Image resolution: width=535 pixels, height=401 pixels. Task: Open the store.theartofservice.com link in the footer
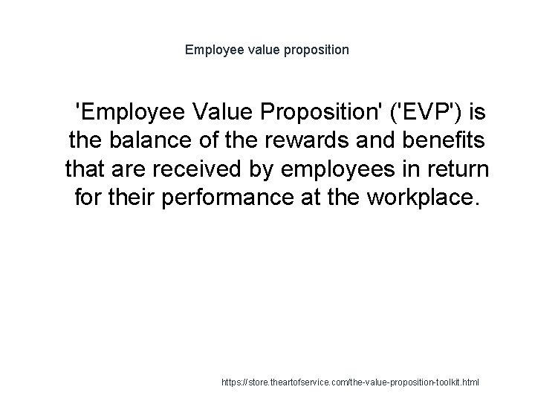tap(351, 382)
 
